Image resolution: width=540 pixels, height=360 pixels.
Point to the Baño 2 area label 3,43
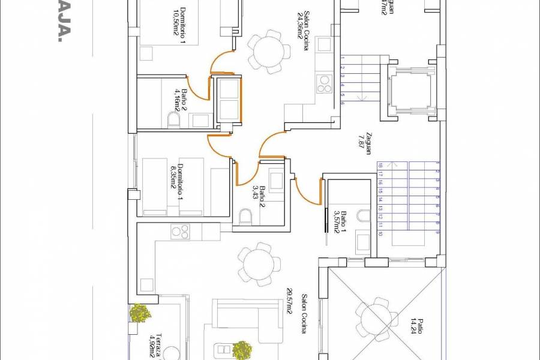(254, 193)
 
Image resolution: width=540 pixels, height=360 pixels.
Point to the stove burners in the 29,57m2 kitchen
(180, 230)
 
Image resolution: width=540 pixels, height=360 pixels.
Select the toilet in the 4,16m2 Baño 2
(173, 122)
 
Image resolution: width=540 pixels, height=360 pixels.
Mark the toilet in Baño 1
(363, 216)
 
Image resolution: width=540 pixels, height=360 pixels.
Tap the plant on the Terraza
(140, 313)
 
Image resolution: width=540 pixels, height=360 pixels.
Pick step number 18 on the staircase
(380, 165)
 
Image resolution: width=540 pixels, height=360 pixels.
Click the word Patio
(421, 328)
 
